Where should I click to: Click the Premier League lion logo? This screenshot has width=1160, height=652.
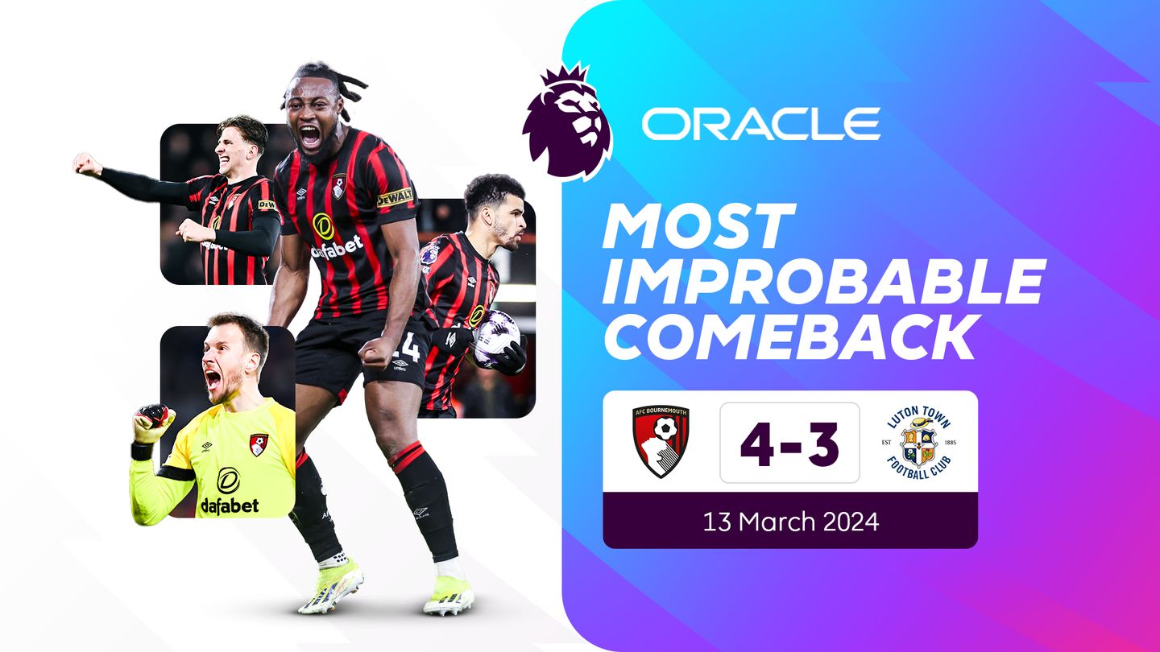click(566, 125)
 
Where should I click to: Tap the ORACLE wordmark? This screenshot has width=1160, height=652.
click(760, 124)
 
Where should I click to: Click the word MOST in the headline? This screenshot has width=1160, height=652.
click(698, 227)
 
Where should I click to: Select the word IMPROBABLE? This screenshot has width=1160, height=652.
click(823, 281)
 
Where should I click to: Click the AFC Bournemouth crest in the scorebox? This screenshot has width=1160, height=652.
click(661, 441)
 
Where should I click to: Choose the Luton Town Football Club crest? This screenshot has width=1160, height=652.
click(918, 443)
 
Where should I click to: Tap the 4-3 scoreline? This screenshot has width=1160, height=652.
click(789, 443)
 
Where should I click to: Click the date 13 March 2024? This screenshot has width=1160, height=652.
click(790, 521)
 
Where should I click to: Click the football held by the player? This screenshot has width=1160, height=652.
click(495, 337)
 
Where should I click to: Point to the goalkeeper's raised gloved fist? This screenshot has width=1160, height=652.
click(153, 422)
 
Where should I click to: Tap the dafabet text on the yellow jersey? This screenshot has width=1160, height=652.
click(230, 506)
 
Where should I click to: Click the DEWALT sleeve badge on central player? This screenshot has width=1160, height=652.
click(395, 196)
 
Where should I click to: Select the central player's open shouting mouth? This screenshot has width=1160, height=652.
click(309, 136)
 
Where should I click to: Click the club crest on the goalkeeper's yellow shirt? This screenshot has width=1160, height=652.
click(259, 444)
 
